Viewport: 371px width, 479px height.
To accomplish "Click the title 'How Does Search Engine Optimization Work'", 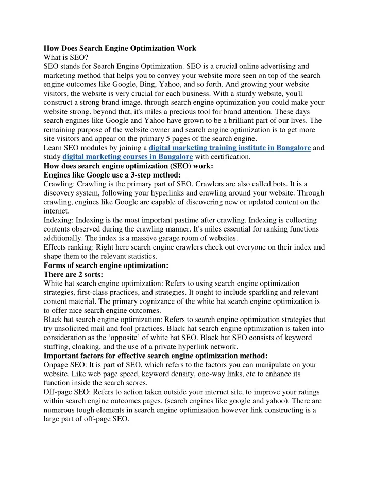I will point(120,48).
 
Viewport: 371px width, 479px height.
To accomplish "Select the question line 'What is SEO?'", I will point(66,57).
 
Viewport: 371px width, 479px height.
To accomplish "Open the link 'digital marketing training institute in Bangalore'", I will point(229,148).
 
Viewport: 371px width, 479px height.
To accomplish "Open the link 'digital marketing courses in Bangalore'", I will point(128,157).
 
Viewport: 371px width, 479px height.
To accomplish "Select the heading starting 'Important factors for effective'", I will point(155,356).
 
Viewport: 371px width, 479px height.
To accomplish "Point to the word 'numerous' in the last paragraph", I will point(61,410).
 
